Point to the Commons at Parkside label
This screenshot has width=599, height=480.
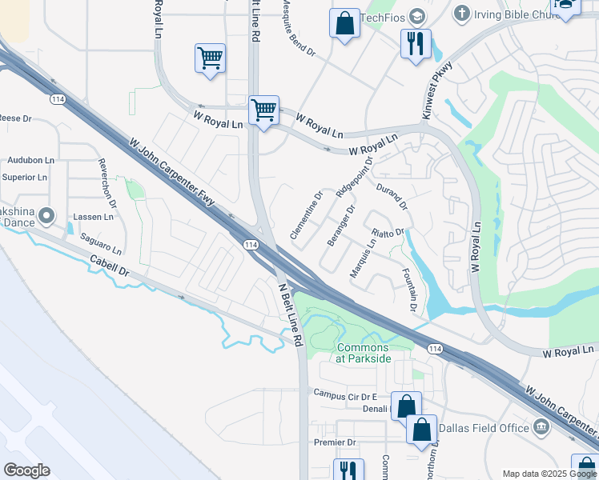click(364, 353)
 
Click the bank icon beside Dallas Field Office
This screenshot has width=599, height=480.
click(541, 427)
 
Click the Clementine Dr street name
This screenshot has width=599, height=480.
click(306, 215)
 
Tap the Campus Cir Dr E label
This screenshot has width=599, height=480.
click(344, 395)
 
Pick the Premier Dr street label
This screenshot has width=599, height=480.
click(335, 442)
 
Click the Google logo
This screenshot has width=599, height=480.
click(26, 470)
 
